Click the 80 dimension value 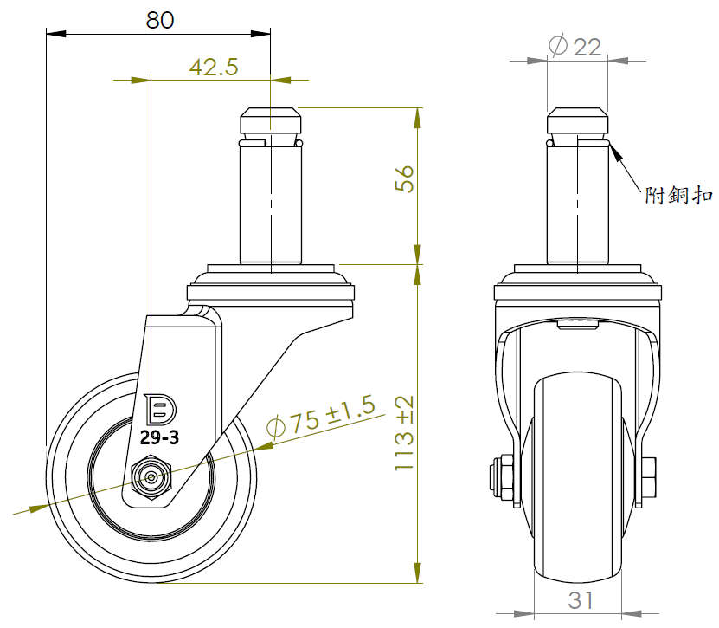pos(159,19)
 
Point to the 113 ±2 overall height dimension pos(405,433)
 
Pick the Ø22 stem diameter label pos(575,47)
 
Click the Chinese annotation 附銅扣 pos(679,197)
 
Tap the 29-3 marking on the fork pos(159,438)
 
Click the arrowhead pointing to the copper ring pos(615,153)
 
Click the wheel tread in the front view pos(578,485)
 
